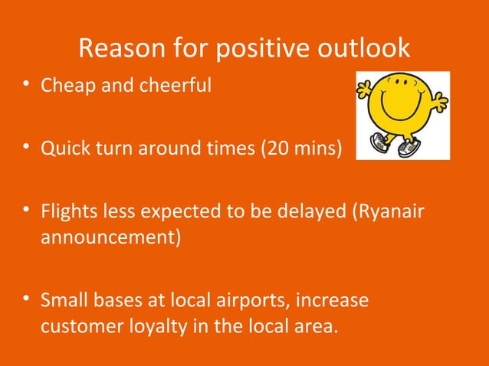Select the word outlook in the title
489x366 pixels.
(x=364, y=50)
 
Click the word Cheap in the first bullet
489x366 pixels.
(x=64, y=85)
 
